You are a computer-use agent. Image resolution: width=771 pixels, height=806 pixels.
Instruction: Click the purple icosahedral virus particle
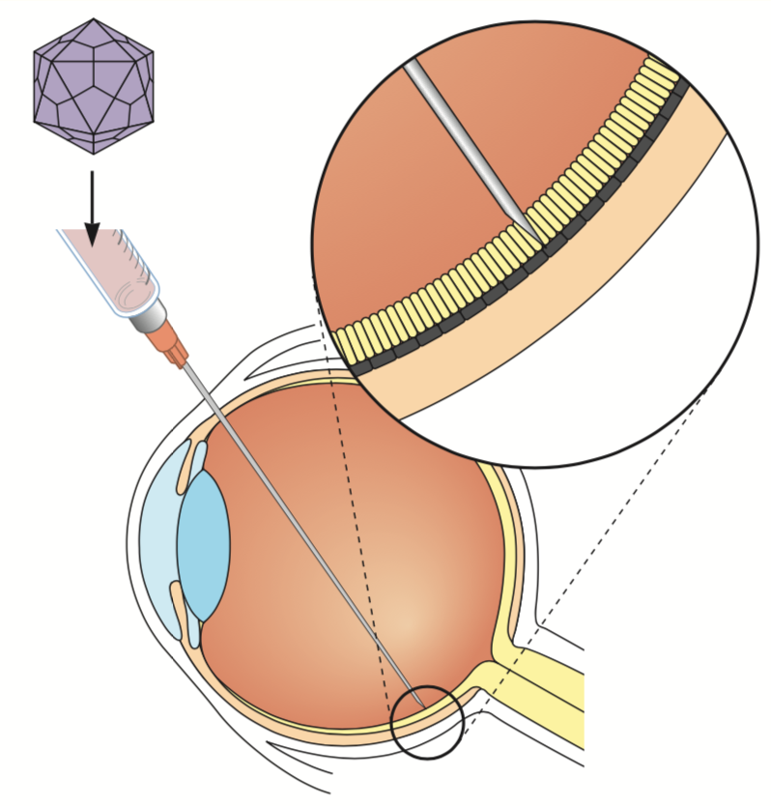(x=93, y=85)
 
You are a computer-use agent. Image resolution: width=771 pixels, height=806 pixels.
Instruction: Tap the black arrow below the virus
(x=92, y=208)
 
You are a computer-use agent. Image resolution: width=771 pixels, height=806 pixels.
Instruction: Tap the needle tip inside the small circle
(x=418, y=701)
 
